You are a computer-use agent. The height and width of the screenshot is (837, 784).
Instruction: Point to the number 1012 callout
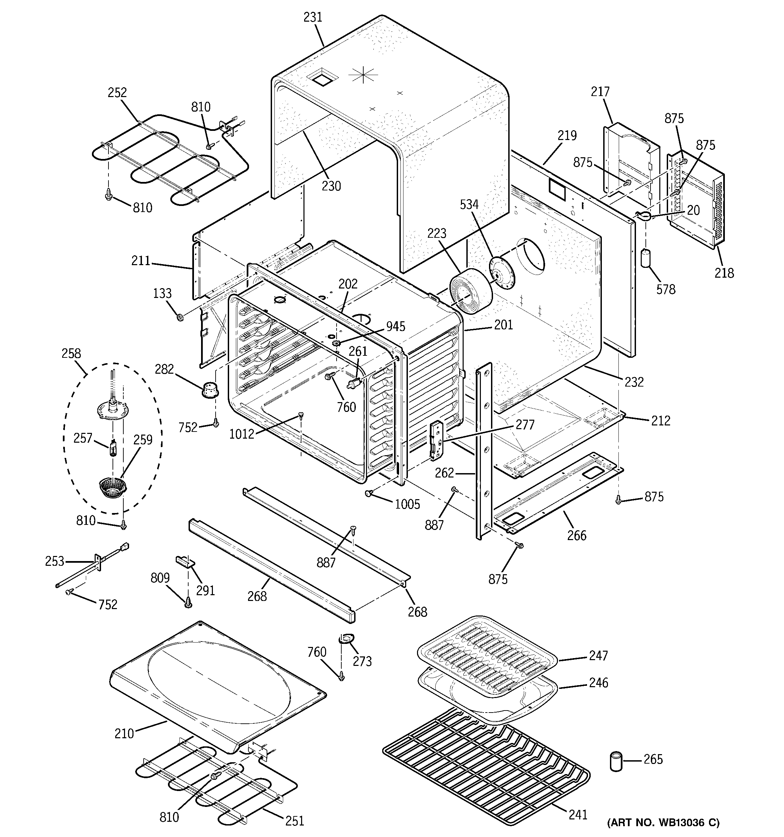point(242,434)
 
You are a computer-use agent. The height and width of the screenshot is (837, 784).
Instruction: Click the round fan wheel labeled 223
point(471,290)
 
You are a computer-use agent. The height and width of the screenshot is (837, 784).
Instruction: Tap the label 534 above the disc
point(469,204)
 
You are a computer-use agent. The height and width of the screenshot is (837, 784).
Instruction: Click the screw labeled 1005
point(369,493)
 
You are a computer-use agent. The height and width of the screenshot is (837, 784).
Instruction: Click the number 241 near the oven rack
point(578,815)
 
